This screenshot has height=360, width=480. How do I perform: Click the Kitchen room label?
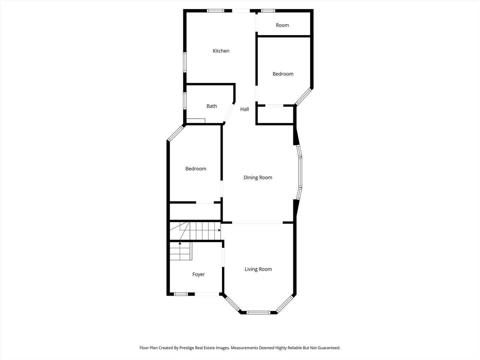coord(221,51)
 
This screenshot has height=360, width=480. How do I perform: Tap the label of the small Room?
coord(282,25)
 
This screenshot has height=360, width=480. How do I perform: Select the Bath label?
coord(212,106)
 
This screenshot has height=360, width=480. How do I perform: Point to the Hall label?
coord(245,109)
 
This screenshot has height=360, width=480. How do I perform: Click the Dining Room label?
coord(258,178)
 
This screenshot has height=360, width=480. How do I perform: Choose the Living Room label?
coord(258,269)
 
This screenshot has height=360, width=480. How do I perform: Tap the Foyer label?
coord(198,274)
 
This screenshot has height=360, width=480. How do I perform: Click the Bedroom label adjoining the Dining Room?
coord(196,169)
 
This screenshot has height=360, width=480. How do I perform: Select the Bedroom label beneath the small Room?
coord(283,74)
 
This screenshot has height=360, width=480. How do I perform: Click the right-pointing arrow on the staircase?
coord(219,230)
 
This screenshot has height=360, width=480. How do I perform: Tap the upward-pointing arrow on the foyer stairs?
coord(180,243)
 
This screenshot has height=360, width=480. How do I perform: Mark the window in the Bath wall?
coord(185,101)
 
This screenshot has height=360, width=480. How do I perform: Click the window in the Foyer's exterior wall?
coord(181,294)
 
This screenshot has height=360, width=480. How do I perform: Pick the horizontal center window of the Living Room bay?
coord(258,312)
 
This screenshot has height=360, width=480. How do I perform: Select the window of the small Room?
coord(268,11)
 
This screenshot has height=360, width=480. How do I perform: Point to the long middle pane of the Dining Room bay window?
coord(300,172)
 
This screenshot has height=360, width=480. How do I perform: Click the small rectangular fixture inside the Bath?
coord(196,121)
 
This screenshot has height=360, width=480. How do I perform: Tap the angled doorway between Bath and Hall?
coord(229,113)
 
